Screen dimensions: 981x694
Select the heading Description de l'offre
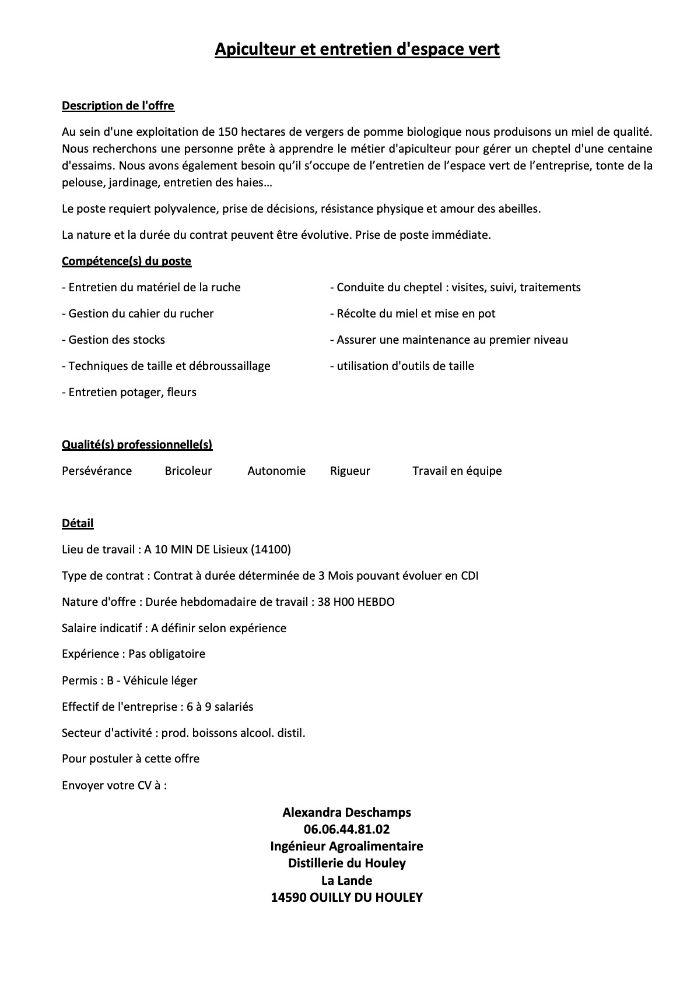[118, 106]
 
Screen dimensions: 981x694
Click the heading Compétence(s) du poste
[127, 261]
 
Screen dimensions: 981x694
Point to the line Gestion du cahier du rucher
[138, 313]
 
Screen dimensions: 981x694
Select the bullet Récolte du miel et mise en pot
[412, 313]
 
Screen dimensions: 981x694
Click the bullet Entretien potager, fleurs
[129, 392]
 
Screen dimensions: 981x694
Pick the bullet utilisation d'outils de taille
[402, 366]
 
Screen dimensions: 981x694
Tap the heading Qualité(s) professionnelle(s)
[137, 445]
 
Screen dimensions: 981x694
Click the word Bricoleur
[188, 471]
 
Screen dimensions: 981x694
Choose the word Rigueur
[350, 471]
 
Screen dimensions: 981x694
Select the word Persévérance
[97, 471]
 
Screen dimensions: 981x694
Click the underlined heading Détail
[78, 523]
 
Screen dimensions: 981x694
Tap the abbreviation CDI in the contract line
[469, 576]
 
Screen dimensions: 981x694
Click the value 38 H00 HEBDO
[356, 602]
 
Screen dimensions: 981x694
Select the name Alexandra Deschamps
[346, 812]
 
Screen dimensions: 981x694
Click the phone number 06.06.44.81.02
[346, 829]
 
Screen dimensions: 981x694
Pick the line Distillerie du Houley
[346, 863]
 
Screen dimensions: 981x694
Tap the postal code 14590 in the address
[289, 897]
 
